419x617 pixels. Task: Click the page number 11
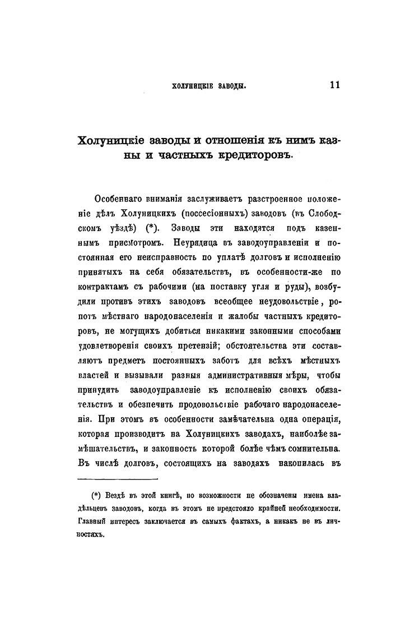336,85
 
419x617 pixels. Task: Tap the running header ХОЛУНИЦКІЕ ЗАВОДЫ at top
209,86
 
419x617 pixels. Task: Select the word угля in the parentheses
259,288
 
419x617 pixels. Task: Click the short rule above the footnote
117,480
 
